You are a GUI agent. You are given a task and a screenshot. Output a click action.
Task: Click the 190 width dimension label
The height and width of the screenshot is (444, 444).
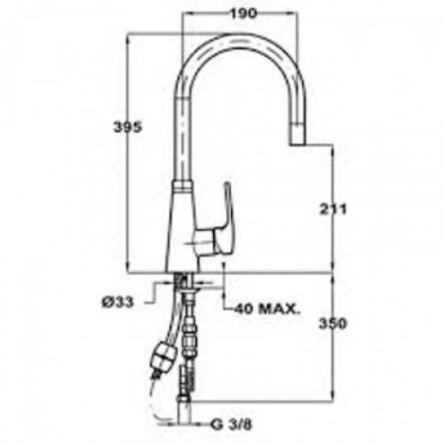point(243,13)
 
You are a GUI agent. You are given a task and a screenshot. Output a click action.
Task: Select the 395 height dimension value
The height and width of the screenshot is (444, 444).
point(128,127)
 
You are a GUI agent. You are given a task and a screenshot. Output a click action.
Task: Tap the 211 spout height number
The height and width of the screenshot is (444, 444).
point(333,210)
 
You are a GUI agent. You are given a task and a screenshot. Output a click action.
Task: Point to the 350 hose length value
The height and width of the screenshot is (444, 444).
point(332,323)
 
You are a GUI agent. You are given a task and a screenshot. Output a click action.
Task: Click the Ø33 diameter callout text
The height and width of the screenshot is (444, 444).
point(118,302)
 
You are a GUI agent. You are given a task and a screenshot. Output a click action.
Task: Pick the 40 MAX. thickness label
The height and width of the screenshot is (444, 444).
point(267,309)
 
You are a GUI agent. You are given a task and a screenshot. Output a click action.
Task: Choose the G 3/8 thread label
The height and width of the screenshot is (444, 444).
point(231,424)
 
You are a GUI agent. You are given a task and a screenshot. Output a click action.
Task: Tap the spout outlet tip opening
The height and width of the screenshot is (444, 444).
point(297,144)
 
